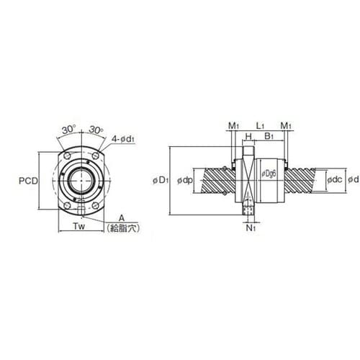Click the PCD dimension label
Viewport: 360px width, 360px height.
[28, 181]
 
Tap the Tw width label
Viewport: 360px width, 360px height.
[78, 226]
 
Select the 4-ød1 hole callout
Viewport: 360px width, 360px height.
[123, 139]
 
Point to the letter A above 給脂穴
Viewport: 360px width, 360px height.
[122, 218]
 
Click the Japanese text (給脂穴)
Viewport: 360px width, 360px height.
[123, 228]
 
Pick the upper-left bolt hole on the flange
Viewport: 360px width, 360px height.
[67, 155]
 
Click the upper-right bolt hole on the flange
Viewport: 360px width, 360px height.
[96, 155]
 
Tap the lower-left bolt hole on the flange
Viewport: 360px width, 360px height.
[67, 206]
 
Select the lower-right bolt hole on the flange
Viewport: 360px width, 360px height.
[96, 206]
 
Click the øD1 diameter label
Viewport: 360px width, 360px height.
[161, 181]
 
